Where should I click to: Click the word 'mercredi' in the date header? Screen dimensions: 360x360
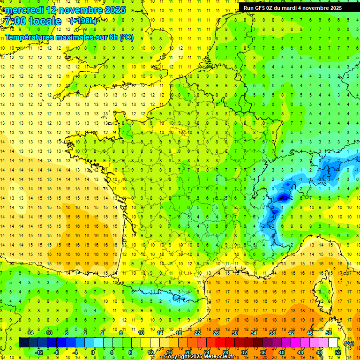24,10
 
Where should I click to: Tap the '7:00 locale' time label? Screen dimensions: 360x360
33,21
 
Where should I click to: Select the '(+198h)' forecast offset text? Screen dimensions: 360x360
83,21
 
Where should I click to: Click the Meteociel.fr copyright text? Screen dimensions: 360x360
202,357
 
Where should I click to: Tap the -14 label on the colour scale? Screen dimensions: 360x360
29,333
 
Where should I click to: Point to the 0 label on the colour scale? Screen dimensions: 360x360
93,352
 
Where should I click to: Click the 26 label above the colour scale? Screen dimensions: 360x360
216,333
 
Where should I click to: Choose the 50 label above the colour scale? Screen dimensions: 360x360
329,333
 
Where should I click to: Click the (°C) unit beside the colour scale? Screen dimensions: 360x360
349,343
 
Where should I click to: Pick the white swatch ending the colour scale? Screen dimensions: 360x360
333,343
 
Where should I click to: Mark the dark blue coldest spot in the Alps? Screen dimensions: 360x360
283,197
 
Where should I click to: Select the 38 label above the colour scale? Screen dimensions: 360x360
272,333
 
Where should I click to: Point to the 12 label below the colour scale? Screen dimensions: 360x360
150,352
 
